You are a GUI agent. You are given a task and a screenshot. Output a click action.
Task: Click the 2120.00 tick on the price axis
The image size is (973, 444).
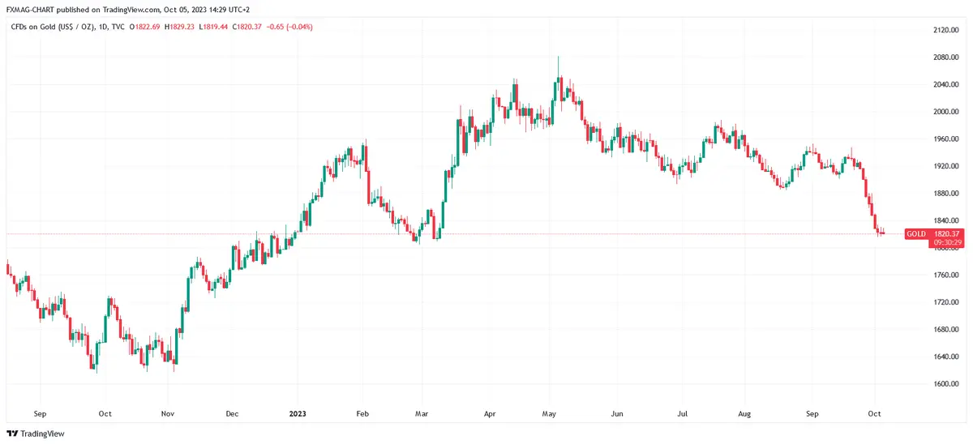[x=946, y=30]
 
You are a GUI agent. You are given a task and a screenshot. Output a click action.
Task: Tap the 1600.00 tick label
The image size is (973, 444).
[x=946, y=384]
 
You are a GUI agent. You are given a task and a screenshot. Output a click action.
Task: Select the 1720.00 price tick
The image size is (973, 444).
[x=946, y=302]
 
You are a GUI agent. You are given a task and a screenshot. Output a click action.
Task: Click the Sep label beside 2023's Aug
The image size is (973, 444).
[x=812, y=413]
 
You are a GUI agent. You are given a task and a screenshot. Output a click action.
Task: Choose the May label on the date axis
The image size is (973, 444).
[x=550, y=413]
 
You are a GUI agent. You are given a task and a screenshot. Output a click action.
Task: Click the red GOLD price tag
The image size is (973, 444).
[x=916, y=233]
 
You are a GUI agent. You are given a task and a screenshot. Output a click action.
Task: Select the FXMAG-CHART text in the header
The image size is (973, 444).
[x=32, y=9]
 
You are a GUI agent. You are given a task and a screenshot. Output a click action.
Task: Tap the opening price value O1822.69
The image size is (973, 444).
[x=144, y=27]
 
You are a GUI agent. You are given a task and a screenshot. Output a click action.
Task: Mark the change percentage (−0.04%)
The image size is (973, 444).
[x=298, y=27]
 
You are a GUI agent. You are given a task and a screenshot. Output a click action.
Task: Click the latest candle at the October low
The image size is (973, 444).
[x=882, y=233]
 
